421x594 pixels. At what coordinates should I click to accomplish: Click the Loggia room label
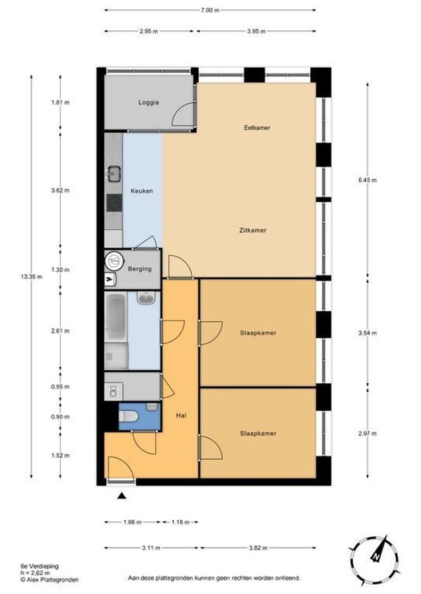click(148, 102)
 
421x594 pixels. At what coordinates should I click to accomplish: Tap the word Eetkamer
click(257, 128)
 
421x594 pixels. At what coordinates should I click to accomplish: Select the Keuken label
click(142, 191)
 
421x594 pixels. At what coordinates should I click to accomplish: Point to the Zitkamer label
click(253, 230)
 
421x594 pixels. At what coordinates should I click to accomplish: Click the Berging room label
click(140, 269)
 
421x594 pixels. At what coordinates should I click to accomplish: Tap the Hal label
click(181, 415)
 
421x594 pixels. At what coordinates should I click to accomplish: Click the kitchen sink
click(114, 174)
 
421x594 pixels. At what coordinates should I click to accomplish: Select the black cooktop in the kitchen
click(114, 202)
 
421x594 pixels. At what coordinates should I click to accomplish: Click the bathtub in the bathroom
click(115, 317)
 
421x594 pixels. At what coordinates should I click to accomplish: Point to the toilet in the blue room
click(129, 416)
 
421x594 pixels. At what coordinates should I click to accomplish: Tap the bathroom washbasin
click(147, 298)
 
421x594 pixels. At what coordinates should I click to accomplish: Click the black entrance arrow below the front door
click(121, 496)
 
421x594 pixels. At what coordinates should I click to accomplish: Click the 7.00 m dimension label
click(210, 10)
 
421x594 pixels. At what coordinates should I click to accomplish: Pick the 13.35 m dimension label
click(31, 277)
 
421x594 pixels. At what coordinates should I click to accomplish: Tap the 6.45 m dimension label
click(367, 180)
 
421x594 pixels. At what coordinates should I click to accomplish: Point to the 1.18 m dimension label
click(180, 522)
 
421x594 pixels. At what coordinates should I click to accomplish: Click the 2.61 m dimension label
click(61, 331)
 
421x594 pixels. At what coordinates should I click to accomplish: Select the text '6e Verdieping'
click(40, 566)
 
